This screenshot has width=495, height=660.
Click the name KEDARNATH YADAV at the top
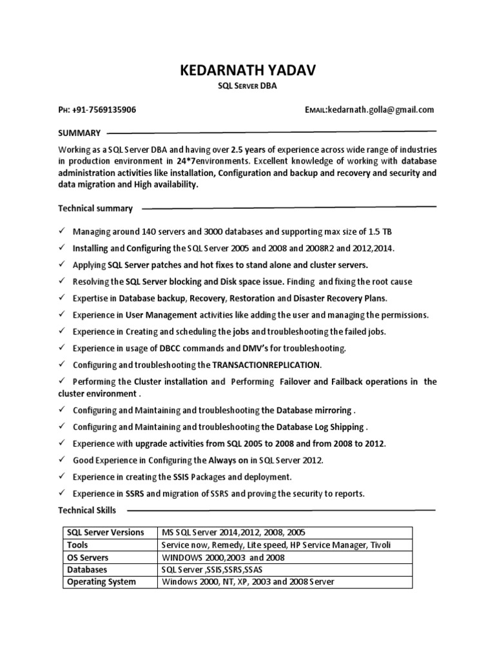[x=247, y=71]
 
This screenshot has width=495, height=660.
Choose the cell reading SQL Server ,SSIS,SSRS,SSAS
[x=212, y=570]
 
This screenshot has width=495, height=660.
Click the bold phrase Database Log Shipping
[x=320, y=427]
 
